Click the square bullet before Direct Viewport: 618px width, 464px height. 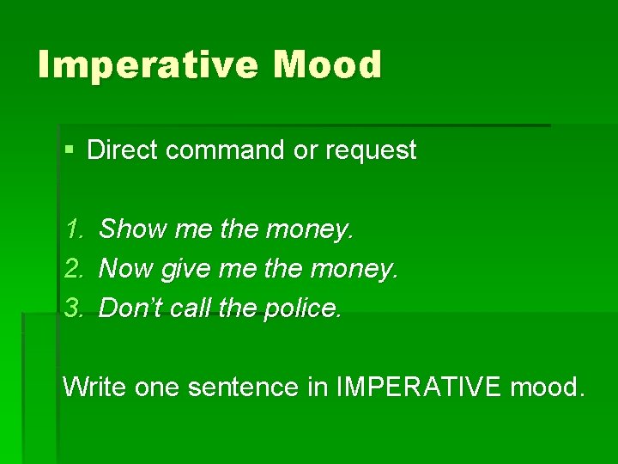click(70, 150)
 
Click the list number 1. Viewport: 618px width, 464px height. click(73, 229)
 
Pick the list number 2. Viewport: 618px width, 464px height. click(73, 269)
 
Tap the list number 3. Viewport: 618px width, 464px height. click(73, 308)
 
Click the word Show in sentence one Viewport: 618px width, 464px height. click(133, 229)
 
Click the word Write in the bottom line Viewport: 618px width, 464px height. click(94, 387)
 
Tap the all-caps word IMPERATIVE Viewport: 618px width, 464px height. click(416, 387)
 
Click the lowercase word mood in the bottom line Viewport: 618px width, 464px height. click(547, 387)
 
